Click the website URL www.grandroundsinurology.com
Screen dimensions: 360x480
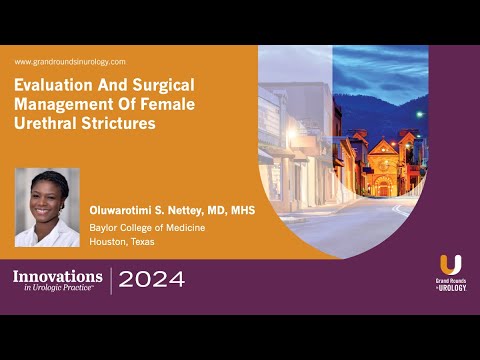(70, 62)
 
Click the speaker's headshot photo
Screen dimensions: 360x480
(47, 206)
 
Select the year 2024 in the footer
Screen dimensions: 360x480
(151, 280)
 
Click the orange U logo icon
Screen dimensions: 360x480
(451, 265)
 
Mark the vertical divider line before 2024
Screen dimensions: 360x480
(110, 280)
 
